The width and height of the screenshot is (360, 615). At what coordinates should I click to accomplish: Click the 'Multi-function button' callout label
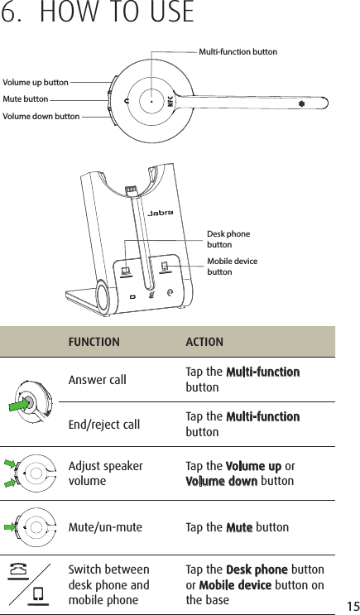point(238,52)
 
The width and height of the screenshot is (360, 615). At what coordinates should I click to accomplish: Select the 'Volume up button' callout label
point(36,83)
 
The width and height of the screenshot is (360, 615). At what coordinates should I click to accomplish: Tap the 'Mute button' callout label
point(26,99)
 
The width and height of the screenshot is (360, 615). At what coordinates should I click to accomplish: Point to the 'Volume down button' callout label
point(41,117)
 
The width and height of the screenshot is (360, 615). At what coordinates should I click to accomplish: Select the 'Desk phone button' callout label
point(228,239)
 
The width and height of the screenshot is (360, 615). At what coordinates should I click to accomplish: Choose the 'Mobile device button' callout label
point(232,267)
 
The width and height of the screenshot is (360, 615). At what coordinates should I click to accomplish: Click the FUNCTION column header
point(94,342)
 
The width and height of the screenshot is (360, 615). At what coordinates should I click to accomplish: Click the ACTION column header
point(204,342)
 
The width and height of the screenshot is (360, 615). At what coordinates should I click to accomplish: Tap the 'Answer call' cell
point(97,380)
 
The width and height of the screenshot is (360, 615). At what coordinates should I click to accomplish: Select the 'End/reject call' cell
point(103,425)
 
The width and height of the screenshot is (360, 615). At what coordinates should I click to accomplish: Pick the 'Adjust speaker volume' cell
point(105,473)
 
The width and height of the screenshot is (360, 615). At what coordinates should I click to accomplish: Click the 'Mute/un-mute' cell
point(104,526)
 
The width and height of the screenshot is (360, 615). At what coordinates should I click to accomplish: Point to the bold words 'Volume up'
point(253,466)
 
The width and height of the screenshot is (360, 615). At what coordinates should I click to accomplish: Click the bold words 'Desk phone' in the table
point(257,570)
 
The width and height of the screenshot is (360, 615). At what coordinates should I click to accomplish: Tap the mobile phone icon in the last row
point(36,593)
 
